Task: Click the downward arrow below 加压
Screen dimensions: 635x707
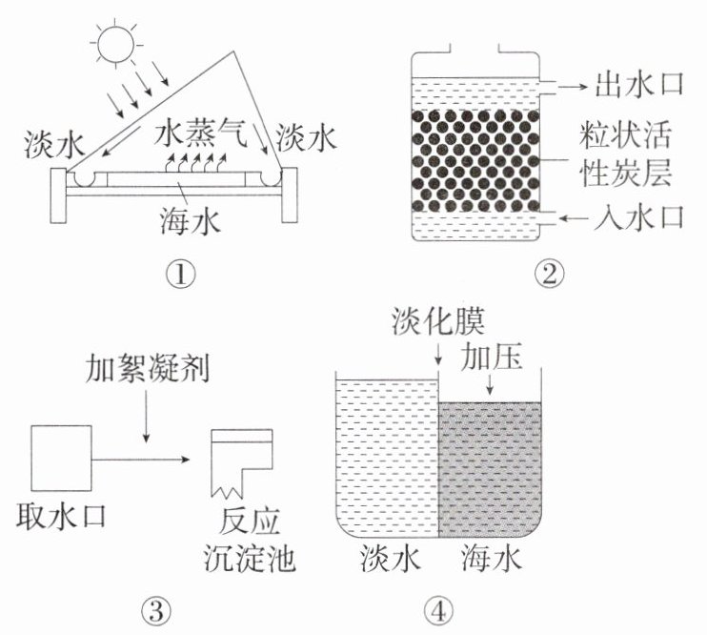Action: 490,385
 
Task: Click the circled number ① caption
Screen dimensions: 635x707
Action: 179,277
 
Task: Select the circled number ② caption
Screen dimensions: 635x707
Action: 550,277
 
